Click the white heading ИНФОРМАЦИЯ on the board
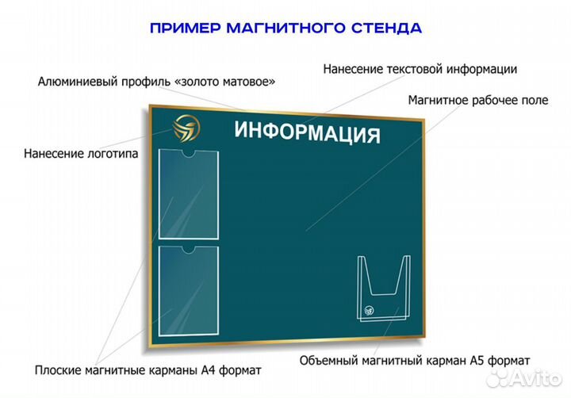pos(307,132)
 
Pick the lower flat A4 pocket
pos(188,289)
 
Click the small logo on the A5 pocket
pos(368,311)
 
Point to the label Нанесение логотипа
pos(80,153)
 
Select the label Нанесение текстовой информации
pos(420,69)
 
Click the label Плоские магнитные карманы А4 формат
pos(148,369)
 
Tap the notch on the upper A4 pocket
pos(189,153)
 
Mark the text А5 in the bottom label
pos(475,360)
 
